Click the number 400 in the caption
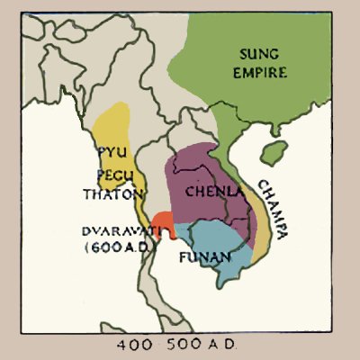(133, 344)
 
